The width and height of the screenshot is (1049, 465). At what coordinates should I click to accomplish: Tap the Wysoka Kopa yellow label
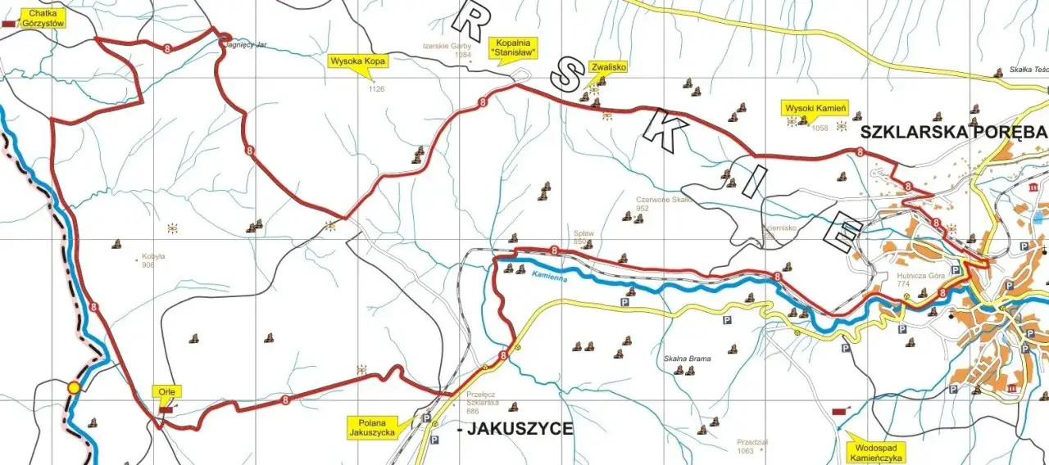pos(358,60)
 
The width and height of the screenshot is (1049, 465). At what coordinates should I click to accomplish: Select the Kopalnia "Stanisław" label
pos(513,46)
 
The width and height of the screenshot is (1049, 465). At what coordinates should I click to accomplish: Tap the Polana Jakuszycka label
pos(373,427)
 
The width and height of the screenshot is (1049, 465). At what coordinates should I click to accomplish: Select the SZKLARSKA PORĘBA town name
pos(954,132)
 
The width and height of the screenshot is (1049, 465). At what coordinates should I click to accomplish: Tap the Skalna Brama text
pos(687,359)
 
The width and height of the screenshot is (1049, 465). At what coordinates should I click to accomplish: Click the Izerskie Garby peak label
pos(447,47)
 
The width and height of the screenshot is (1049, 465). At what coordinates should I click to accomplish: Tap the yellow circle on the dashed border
pos(75,387)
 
